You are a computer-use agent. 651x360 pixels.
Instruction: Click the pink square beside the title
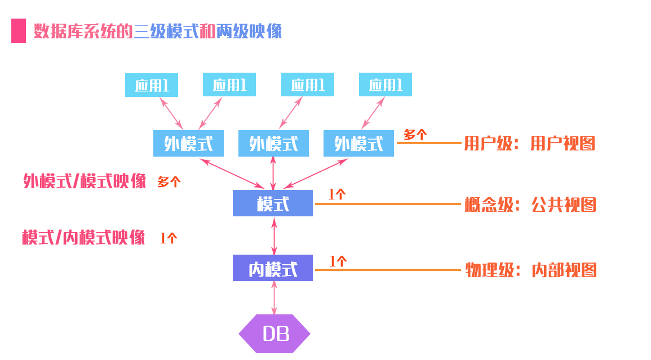[x=19, y=31]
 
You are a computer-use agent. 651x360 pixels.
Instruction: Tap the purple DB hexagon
[x=274, y=334]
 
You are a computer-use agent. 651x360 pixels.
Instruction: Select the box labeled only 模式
[x=273, y=203]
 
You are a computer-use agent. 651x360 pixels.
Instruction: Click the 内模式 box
[x=273, y=268]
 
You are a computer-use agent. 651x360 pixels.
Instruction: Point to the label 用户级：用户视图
[x=529, y=144]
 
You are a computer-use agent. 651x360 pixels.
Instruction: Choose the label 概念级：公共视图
[x=530, y=205]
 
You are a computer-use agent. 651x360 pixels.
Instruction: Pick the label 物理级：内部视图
[x=530, y=270]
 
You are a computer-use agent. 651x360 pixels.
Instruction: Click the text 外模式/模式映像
[x=85, y=181]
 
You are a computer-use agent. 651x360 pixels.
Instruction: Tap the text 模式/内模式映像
[x=83, y=237]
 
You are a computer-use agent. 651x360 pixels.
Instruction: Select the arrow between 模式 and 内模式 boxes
[x=274, y=236]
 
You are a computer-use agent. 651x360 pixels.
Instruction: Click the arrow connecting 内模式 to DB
[x=274, y=297]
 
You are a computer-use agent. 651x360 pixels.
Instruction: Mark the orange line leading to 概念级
[x=388, y=204]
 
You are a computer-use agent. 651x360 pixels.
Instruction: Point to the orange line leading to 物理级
[x=388, y=270]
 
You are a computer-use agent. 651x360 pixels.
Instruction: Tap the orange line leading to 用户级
[x=429, y=143]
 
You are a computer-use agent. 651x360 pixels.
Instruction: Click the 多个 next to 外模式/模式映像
[x=169, y=182]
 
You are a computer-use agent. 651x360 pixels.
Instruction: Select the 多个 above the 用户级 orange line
[x=415, y=134]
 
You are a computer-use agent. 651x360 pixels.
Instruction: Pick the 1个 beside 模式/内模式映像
[x=168, y=238]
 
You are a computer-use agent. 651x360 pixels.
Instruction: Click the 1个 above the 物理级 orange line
[x=338, y=261]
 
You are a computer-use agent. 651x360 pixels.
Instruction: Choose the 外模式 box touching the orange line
[x=358, y=144]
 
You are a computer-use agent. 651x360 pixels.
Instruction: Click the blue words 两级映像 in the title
[x=249, y=31]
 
